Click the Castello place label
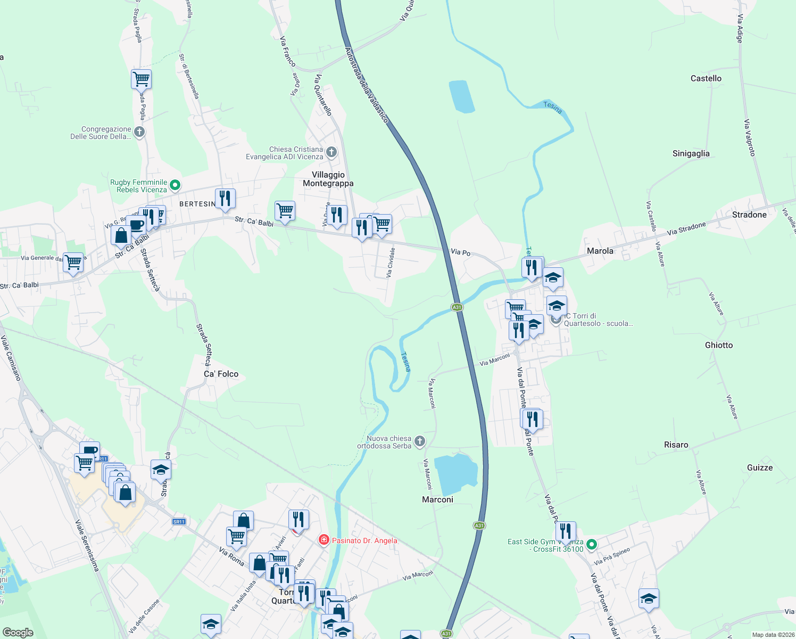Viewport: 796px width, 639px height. pyautogui.click(x=706, y=78)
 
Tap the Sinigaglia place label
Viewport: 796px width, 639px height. pyautogui.click(x=691, y=153)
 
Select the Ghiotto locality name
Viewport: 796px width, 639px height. pyautogui.click(x=718, y=345)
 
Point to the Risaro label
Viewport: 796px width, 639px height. pyautogui.click(x=676, y=445)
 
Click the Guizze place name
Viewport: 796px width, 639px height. pyautogui.click(x=759, y=468)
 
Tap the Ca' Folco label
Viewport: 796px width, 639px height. pyautogui.click(x=221, y=374)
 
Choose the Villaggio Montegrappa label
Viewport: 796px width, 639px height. pyautogui.click(x=328, y=179)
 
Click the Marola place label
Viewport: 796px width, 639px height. pyautogui.click(x=600, y=251)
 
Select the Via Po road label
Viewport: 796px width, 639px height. pyautogui.click(x=460, y=252)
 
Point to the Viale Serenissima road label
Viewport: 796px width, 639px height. pyautogui.click(x=87, y=545)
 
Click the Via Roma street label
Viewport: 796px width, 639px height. pyautogui.click(x=231, y=556)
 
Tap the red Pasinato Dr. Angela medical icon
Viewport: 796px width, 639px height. pyautogui.click(x=324, y=540)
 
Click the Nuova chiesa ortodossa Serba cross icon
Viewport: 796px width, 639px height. pyautogui.click(x=420, y=441)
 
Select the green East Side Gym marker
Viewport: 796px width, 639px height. pyautogui.click(x=591, y=545)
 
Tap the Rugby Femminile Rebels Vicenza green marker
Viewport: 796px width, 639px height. pyautogui.click(x=175, y=186)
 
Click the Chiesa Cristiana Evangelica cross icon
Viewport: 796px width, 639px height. pyautogui.click(x=331, y=152)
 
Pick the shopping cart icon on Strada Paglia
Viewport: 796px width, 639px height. pyautogui.click(x=141, y=79)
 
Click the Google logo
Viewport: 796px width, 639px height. pyautogui.click(x=18, y=633)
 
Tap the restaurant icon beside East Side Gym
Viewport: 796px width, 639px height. pyautogui.click(x=566, y=531)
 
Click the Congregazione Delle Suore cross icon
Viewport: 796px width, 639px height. pyautogui.click(x=139, y=132)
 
